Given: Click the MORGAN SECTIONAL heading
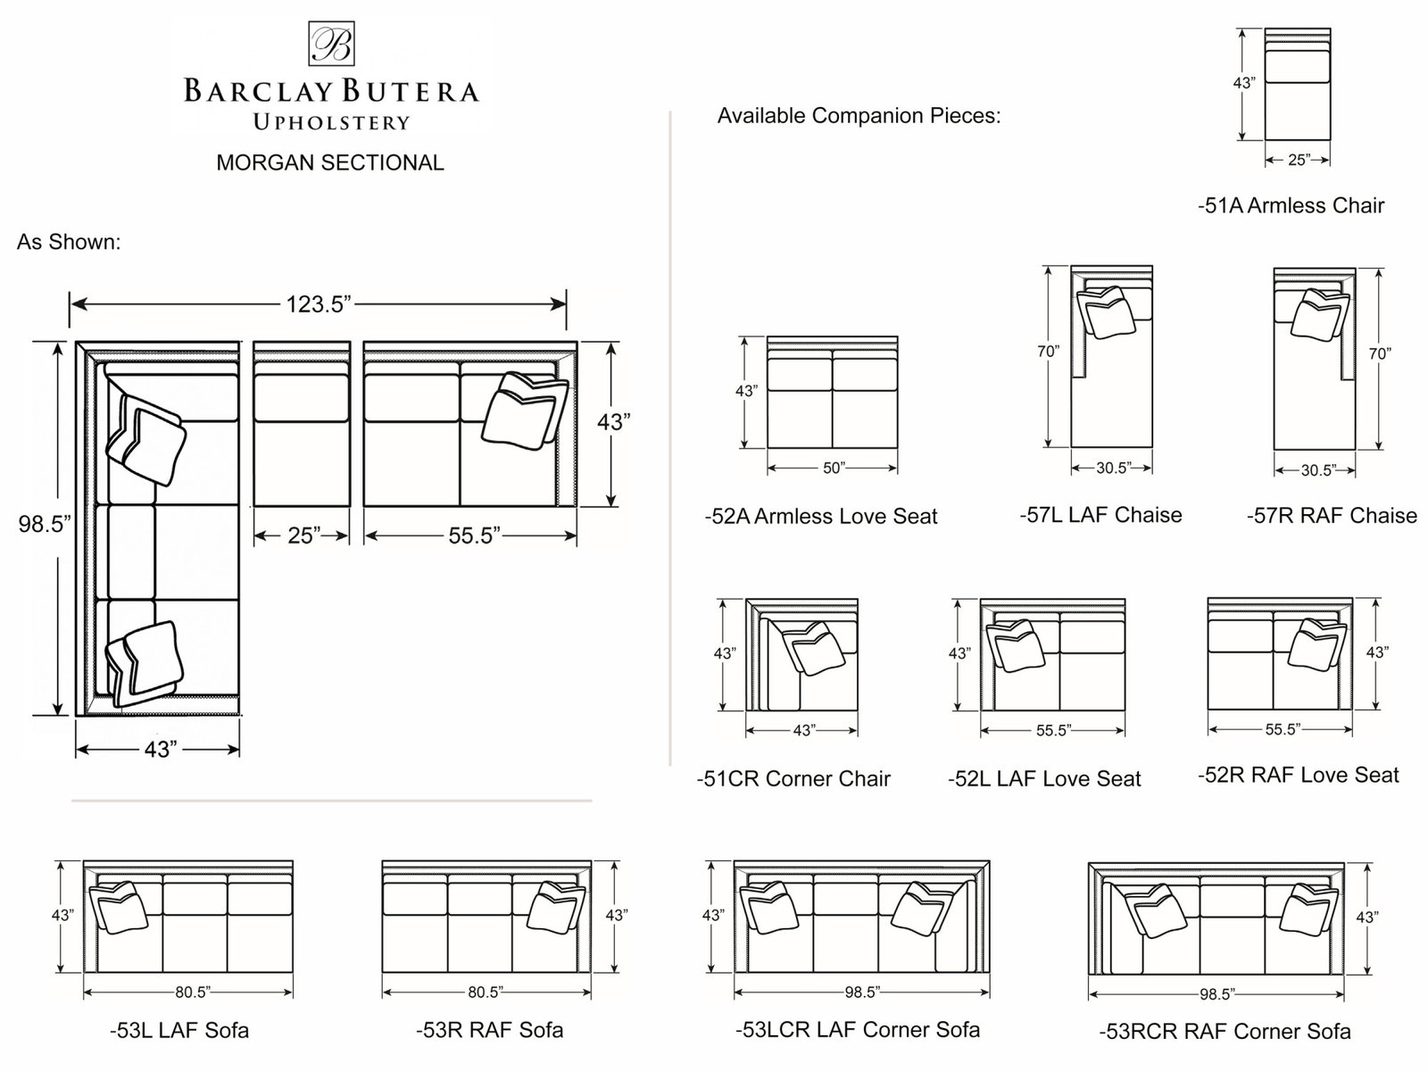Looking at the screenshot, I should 330,162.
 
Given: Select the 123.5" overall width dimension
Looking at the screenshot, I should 319,304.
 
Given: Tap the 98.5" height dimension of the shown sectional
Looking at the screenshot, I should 44,524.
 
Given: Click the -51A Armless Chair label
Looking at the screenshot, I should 1291,205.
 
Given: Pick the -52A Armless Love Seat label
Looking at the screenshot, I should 821,516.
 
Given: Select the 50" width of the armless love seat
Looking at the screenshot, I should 833,468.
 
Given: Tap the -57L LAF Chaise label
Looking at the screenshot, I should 1100,515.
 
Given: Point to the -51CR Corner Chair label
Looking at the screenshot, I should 793,779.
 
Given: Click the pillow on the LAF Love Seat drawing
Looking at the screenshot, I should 1017,645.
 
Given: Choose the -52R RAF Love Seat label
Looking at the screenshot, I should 1298,776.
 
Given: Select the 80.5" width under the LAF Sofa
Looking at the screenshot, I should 187,991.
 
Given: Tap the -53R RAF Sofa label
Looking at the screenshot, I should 489,1030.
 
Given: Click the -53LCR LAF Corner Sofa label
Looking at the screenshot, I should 857,1030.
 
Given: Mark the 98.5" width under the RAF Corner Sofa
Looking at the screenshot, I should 1216,994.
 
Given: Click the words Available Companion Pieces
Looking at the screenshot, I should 859,116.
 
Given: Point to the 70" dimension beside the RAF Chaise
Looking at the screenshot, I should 1379,353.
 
